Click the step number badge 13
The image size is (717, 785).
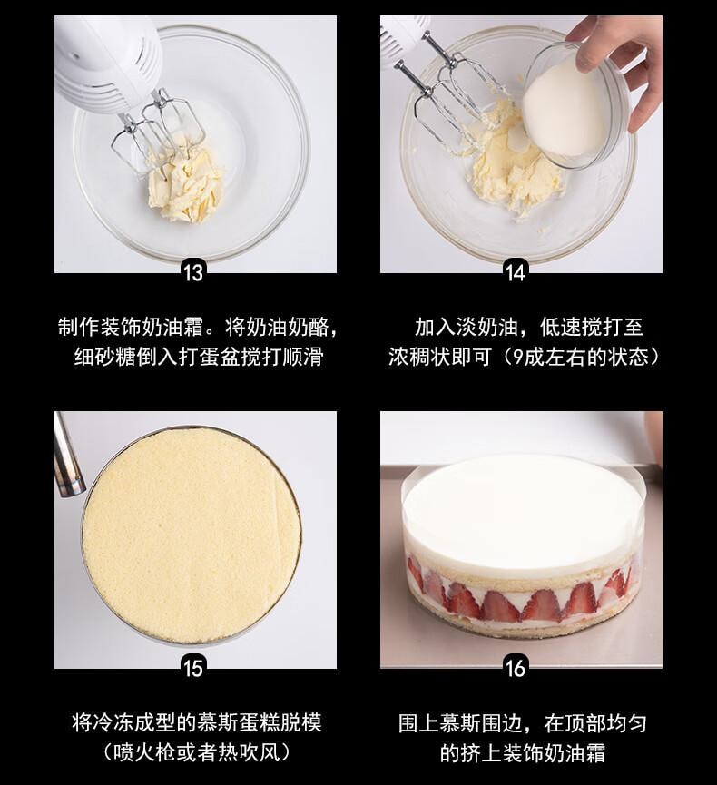point(193,270)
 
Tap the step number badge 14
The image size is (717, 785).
point(516,270)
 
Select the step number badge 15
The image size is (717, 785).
point(193,668)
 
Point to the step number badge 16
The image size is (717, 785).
point(516,668)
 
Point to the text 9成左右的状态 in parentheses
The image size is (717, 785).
point(581,357)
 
